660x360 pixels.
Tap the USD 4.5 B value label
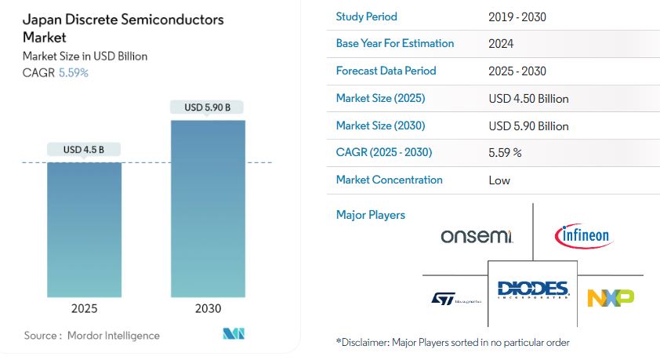tap(84, 150)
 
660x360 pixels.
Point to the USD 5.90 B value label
tap(208, 107)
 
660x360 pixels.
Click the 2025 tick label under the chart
tap(85, 308)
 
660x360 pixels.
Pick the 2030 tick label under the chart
tap(208, 308)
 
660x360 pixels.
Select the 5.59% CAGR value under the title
tap(74, 72)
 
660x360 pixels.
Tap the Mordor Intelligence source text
tap(92, 336)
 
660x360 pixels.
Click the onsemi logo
tap(477, 236)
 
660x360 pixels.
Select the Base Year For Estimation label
tap(395, 43)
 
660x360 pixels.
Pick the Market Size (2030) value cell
tap(528, 125)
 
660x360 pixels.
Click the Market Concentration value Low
tap(499, 180)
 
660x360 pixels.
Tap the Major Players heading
tap(371, 214)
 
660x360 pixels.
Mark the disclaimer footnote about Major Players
tap(452, 342)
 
